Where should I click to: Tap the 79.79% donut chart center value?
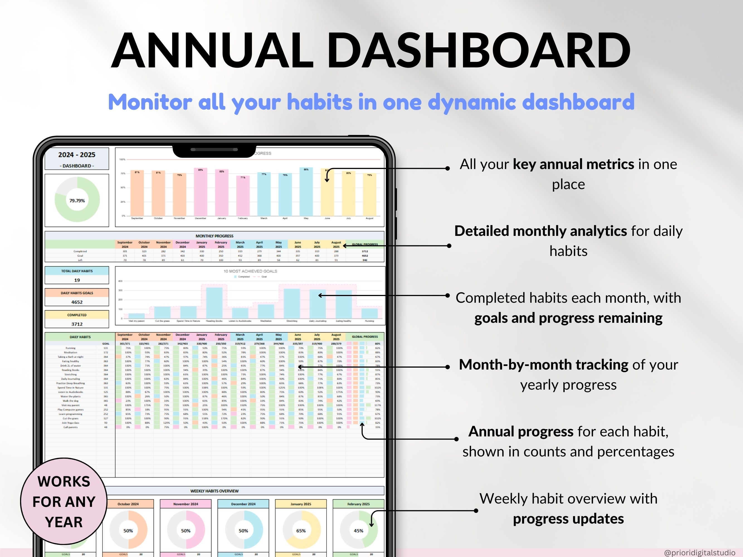tap(77, 201)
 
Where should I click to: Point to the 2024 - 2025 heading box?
tap(77, 158)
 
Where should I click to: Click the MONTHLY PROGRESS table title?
tap(214, 236)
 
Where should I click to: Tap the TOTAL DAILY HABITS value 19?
tap(77, 280)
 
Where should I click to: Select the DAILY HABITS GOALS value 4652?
tap(77, 302)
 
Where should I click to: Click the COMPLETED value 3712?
tap(77, 324)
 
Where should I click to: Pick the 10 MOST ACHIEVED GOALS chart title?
tap(250, 271)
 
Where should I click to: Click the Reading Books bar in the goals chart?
tap(214, 302)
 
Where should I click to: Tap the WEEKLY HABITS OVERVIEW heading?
tap(214, 491)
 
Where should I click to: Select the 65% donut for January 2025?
tap(301, 531)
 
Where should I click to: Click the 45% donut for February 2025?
tap(358, 531)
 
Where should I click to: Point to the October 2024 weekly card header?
tap(128, 504)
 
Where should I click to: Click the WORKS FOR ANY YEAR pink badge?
tap(64, 501)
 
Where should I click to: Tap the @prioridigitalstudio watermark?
tap(699, 553)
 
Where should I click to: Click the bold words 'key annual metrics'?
tap(573, 165)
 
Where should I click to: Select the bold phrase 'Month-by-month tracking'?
tap(544, 365)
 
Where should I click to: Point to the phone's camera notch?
tap(214, 151)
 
